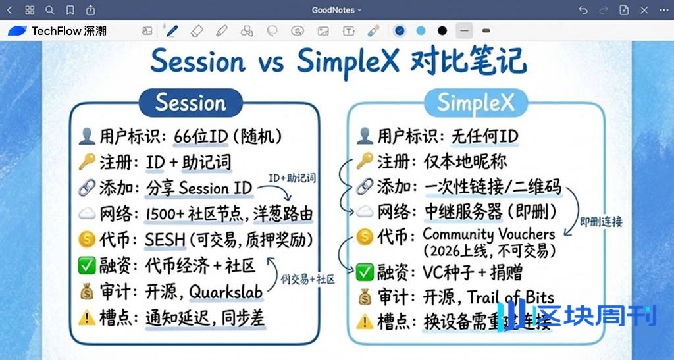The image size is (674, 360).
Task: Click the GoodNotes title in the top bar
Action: (x=334, y=10)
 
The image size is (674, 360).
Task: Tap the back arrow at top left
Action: (x=10, y=10)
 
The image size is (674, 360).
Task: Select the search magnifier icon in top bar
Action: (x=50, y=10)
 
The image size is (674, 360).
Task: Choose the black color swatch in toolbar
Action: (x=442, y=30)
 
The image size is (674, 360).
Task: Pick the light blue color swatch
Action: (x=421, y=30)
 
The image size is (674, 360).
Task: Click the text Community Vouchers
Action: (x=488, y=234)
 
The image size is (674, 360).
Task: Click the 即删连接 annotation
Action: (x=600, y=222)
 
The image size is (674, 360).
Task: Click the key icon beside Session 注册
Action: (x=86, y=162)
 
